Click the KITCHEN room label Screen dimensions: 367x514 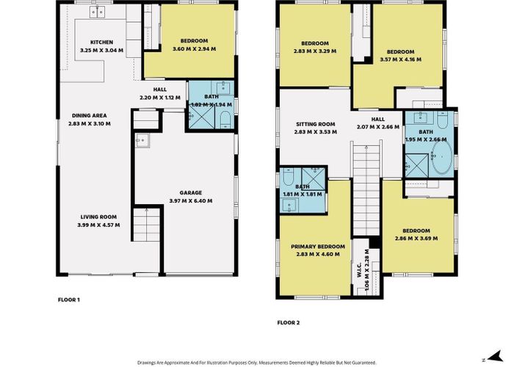[x=102, y=42]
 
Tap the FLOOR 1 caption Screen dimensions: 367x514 [x=68, y=299]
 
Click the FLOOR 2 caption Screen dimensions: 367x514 [x=289, y=321]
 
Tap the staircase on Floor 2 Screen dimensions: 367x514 [x=364, y=187]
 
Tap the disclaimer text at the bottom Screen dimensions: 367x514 [x=257, y=362]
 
